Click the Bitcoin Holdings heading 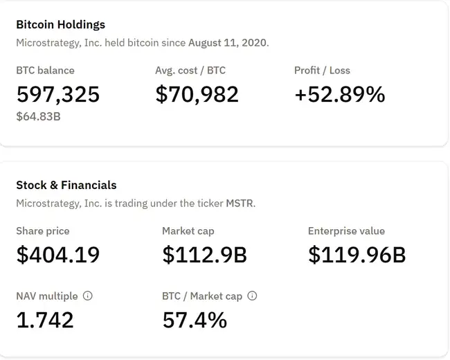61,24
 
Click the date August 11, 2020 228,42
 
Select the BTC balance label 45,70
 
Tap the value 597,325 58,94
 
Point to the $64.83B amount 38,116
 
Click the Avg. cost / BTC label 190,70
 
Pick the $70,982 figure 197,94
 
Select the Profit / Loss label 322,70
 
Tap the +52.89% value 339,94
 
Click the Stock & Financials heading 66,185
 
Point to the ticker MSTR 240,203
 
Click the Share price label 43,231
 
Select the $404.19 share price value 58,255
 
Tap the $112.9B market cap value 204,255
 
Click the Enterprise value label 346,231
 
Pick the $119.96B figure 357,255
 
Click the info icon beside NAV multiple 88,296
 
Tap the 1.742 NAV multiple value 45,320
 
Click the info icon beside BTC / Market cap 253,296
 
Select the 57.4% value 195,320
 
